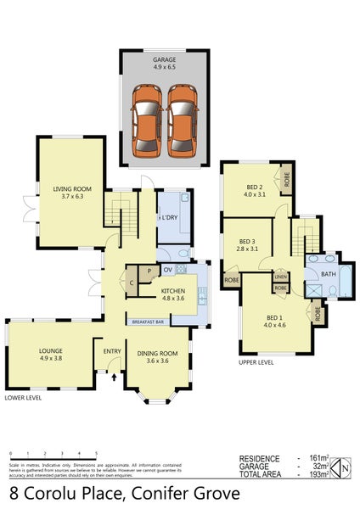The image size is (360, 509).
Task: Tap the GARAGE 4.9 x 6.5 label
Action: click(165, 63)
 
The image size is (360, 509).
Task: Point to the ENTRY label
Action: click(112, 351)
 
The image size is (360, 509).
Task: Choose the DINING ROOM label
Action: click(157, 357)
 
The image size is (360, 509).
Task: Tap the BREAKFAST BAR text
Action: click(148, 322)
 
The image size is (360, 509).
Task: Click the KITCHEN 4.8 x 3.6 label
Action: click(178, 294)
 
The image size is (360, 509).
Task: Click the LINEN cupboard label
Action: click(279, 277)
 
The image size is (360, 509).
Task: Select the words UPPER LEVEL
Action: click(256, 363)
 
